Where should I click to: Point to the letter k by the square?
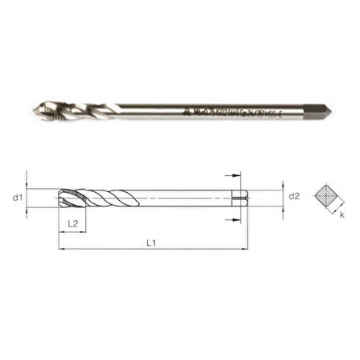pos(341,216)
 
